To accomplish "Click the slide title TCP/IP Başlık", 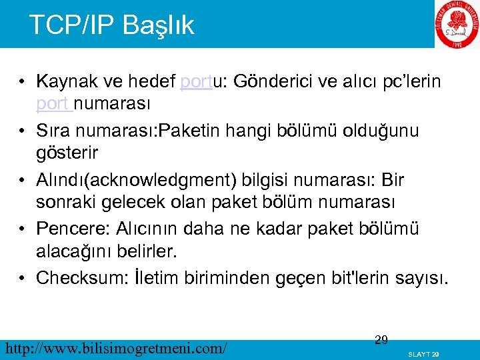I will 111,25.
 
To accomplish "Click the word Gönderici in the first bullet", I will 275,82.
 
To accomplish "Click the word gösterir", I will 67,153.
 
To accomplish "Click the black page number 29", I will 381,340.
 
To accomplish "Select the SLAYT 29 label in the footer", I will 423,354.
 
